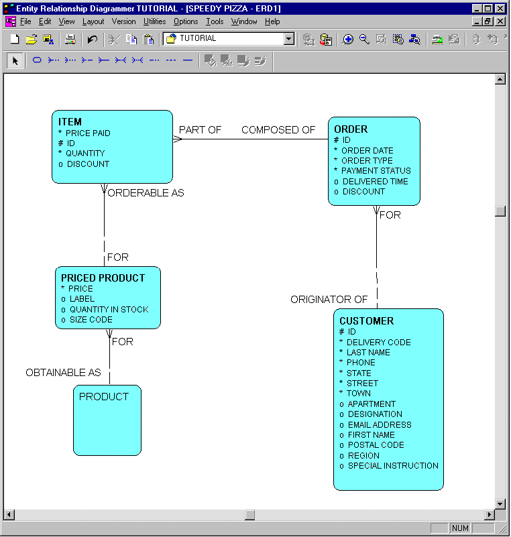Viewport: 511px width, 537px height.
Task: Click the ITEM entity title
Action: tap(70, 122)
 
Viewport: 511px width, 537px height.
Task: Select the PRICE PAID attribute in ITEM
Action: tap(88, 133)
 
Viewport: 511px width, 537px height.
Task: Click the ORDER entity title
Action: tap(351, 129)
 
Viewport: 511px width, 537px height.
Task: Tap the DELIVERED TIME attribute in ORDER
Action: tap(375, 182)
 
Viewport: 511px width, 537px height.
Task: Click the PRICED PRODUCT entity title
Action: tap(103, 278)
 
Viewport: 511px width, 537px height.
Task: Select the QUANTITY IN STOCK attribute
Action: tap(109, 310)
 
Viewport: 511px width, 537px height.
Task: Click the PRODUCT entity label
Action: tap(104, 397)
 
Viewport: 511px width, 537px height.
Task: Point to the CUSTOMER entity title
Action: tap(366, 321)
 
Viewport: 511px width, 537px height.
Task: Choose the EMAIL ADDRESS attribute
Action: tap(380, 425)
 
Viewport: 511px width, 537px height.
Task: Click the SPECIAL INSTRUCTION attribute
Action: tap(393, 466)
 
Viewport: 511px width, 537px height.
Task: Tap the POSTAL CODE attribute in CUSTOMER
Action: tap(376, 445)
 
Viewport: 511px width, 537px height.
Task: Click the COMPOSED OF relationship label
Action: tap(278, 130)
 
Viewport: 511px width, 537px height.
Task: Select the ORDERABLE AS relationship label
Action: tap(146, 193)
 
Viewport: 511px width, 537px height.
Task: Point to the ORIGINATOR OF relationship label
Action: tap(329, 300)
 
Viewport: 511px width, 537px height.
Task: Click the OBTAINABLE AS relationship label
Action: tap(63, 373)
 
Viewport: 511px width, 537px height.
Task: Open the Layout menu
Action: tap(93, 21)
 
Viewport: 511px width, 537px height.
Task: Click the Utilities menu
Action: tap(155, 21)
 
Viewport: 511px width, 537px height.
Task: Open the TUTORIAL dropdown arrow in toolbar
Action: tap(289, 39)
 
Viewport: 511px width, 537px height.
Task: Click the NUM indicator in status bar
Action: tap(460, 528)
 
